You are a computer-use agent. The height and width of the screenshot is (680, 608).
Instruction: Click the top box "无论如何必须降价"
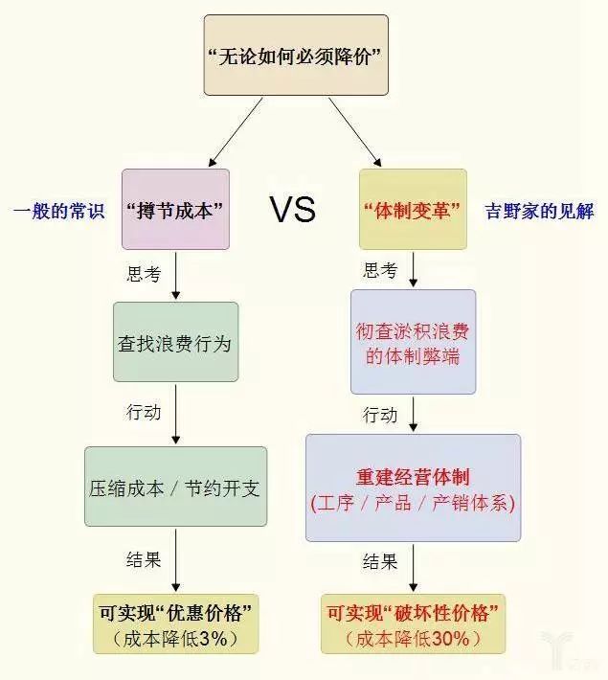tap(296, 56)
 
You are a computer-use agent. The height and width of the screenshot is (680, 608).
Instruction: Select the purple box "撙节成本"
tap(175, 209)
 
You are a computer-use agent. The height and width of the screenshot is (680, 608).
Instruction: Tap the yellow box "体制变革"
tap(413, 209)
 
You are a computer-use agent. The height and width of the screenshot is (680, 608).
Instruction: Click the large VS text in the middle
tap(292, 209)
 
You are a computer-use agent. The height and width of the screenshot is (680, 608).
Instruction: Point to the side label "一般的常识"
tap(58, 210)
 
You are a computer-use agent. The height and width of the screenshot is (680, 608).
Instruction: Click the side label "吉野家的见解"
tap(540, 210)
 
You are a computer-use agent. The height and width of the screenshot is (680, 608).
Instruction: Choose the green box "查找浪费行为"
tap(175, 342)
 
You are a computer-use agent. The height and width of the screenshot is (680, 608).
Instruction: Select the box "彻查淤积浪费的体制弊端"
tap(413, 342)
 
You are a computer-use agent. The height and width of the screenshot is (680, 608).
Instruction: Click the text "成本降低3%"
tap(174, 638)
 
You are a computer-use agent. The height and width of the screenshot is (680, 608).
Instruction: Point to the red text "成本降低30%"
tap(414, 638)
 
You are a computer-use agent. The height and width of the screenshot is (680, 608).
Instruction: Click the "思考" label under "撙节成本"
tap(144, 275)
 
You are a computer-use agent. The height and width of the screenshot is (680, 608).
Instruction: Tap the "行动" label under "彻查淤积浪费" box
tap(380, 415)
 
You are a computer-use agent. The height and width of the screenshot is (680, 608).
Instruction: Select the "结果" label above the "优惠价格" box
tap(144, 559)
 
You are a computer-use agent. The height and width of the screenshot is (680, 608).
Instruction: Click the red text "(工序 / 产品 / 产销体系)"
tap(413, 503)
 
